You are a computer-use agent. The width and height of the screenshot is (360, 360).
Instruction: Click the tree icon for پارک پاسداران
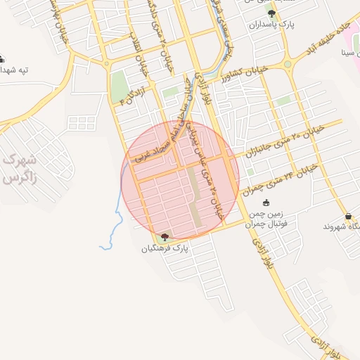pos(271,14)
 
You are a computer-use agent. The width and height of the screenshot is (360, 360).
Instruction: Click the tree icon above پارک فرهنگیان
pos(165,237)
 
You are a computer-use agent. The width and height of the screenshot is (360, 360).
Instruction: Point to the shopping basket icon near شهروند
pos(349,216)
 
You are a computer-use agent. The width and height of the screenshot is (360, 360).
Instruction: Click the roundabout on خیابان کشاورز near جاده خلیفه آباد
pos(287,65)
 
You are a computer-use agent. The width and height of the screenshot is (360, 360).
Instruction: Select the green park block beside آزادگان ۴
pos(118,86)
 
